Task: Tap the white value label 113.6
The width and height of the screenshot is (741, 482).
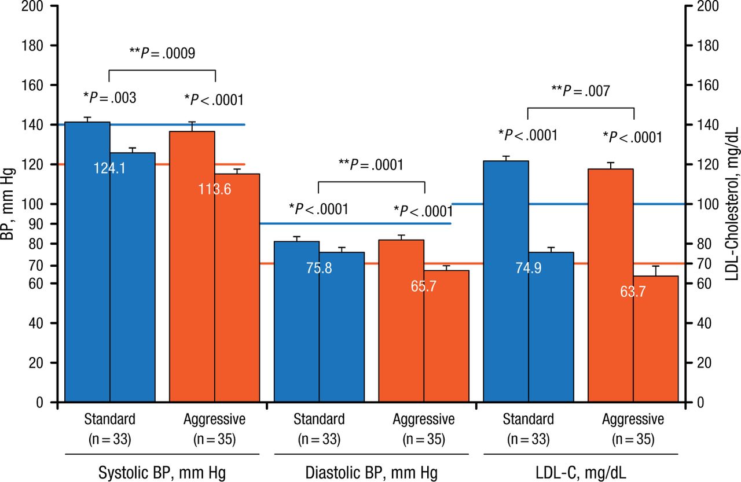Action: tap(215, 190)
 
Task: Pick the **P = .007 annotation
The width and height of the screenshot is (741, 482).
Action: tap(581, 90)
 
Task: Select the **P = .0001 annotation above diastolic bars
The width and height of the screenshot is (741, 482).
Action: tap(370, 164)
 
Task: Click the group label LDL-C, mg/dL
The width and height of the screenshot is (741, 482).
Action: tap(581, 473)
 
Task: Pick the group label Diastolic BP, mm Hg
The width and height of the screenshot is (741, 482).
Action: tap(370, 473)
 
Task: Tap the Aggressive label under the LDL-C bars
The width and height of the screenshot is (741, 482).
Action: tap(633, 419)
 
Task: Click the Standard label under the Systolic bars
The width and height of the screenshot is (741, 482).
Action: tap(109, 419)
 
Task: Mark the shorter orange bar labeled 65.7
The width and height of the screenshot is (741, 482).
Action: tap(446, 336)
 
